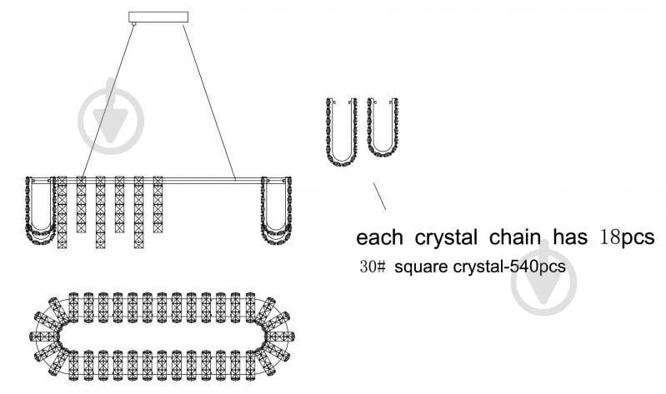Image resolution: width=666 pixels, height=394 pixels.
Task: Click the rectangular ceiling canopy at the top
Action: click(x=158, y=17)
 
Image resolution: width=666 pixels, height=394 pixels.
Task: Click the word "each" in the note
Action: click(x=379, y=237)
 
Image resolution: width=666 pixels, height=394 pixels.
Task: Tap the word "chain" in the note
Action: click(x=515, y=237)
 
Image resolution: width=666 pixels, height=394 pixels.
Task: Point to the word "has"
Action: click(x=570, y=237)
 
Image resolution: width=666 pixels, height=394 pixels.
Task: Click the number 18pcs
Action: click(x=627, y=238)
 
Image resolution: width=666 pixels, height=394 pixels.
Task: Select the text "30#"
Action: click(x=373, y=267)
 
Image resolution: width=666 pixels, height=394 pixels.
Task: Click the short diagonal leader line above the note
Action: click(x=380, y=196)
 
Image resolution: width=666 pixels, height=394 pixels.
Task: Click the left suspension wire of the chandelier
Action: click(x=108, y=101)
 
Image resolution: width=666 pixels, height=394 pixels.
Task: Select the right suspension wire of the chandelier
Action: click(x=209, y=102)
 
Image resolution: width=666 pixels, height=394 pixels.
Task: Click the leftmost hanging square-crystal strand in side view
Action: click(x=62, y=212)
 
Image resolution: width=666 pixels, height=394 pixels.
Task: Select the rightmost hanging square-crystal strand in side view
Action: click(x=158, y=204)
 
